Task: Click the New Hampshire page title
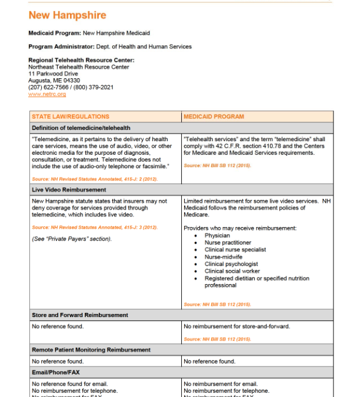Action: tap(67, 15)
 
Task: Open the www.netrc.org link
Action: tap(47, 94)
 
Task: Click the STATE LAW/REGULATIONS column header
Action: tap(70, 116)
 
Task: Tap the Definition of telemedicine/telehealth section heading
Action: tap(81, 128)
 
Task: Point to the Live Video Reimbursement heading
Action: tap(69, 190)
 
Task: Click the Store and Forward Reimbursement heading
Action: tap(80, 315)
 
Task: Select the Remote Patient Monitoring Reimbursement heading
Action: tap(91, 350)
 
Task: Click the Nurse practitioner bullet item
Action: tap(228, 242)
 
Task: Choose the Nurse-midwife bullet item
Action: tap(222, 257)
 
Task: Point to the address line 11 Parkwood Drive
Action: tap(53, 74)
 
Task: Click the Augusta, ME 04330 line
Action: tap(54, 81)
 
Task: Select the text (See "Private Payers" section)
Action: tap(71, 239)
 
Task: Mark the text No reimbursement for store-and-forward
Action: tap(236, 326)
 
